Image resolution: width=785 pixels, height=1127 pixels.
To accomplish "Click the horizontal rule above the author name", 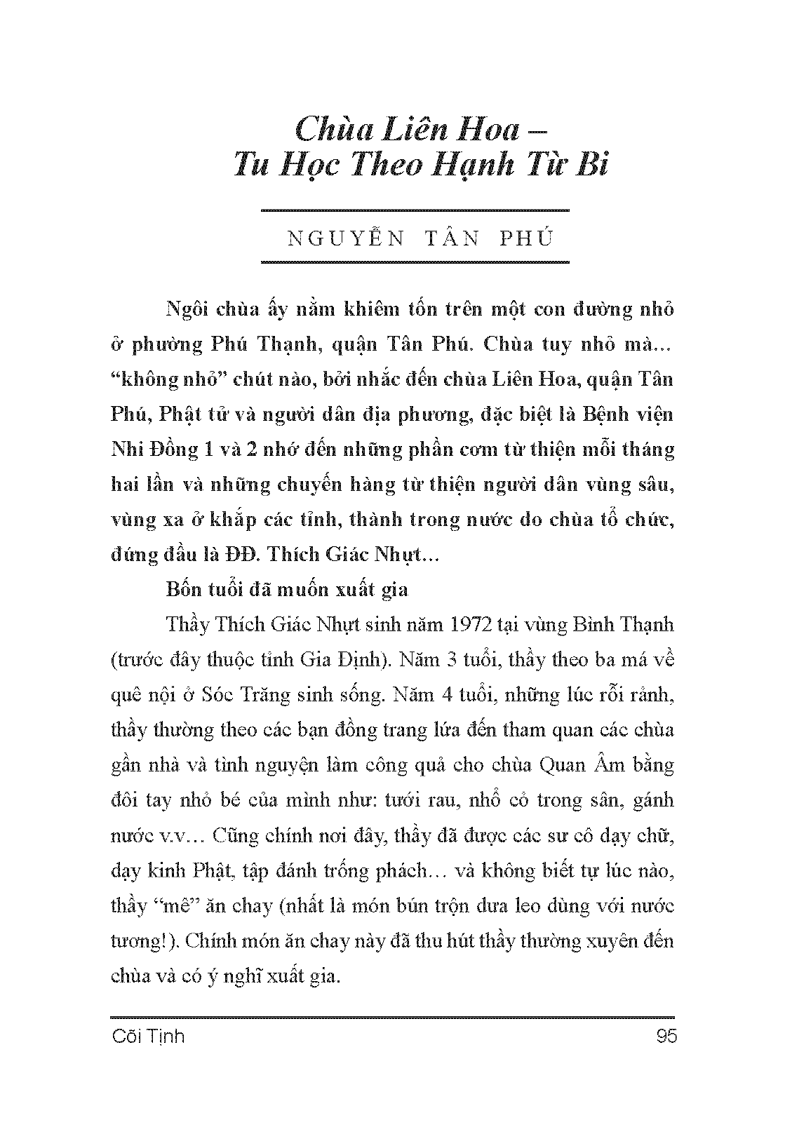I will [414, 210].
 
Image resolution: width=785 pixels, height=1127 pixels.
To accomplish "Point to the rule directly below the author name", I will [414, 263].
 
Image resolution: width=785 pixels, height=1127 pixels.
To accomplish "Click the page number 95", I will [663, 1037].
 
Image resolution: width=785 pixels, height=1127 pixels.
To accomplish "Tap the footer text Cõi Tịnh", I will [148, 1037].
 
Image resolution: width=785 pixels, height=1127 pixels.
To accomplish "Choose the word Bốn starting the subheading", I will [184, 589].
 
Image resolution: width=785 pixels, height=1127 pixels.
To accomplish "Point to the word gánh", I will [652, 800].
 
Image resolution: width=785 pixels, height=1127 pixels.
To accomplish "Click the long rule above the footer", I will [393, 1017].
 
